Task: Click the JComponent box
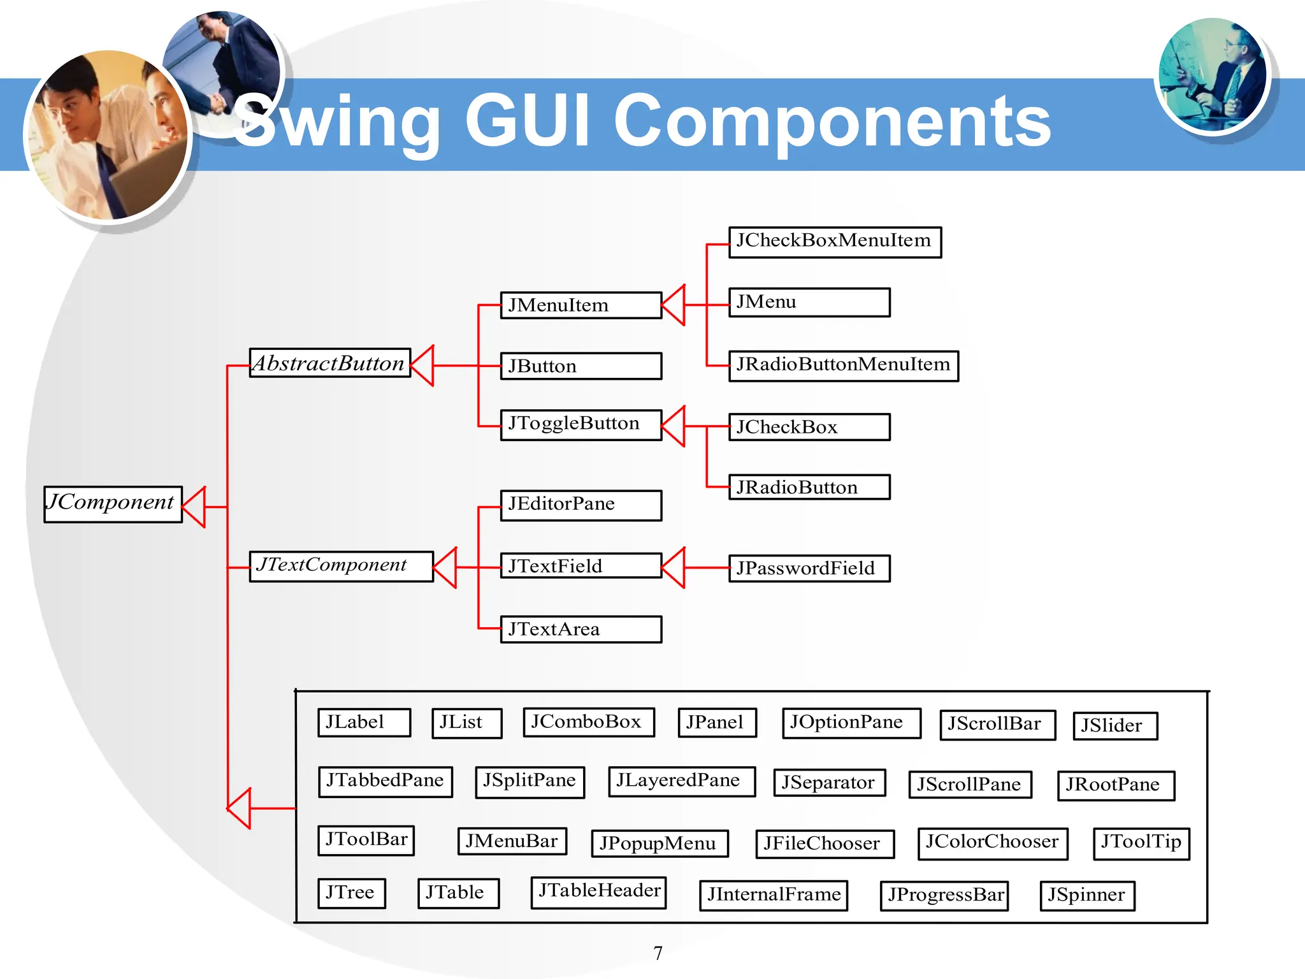pyautogui.click(x=113, y=504)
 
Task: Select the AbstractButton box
pyautogui.click(x=329, y=363)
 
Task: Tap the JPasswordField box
pyautogui.click(x=809, y=568)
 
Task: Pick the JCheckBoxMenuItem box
pyautogui.click(x=835, y=242)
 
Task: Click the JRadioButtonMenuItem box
pyautogui.click(x=843, y=366)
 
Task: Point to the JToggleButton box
pyautogui.click(x=580, y=424)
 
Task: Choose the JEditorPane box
pyautogui.click(x=580, y=505)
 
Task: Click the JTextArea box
pyautogui.click(x=580, y=629)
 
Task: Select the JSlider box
pyautogui.click(x=1114, y=725)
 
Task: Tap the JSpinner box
pyautogui.click(x=1087, y=896)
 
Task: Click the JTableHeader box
pyautogui.click(x=598, y=892)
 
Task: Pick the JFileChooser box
pyautogui.click(x=825, y=844)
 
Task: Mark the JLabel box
pyautogui.click(x=364, y=722)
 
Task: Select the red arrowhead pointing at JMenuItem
pyautogui.click(x=674, y=305)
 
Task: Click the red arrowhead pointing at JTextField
pyautogui.click(x=674, y=567)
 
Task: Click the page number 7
pyautogui.click(x=658, y=953)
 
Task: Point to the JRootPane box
pyautogui.click(x=1115, y=785)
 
